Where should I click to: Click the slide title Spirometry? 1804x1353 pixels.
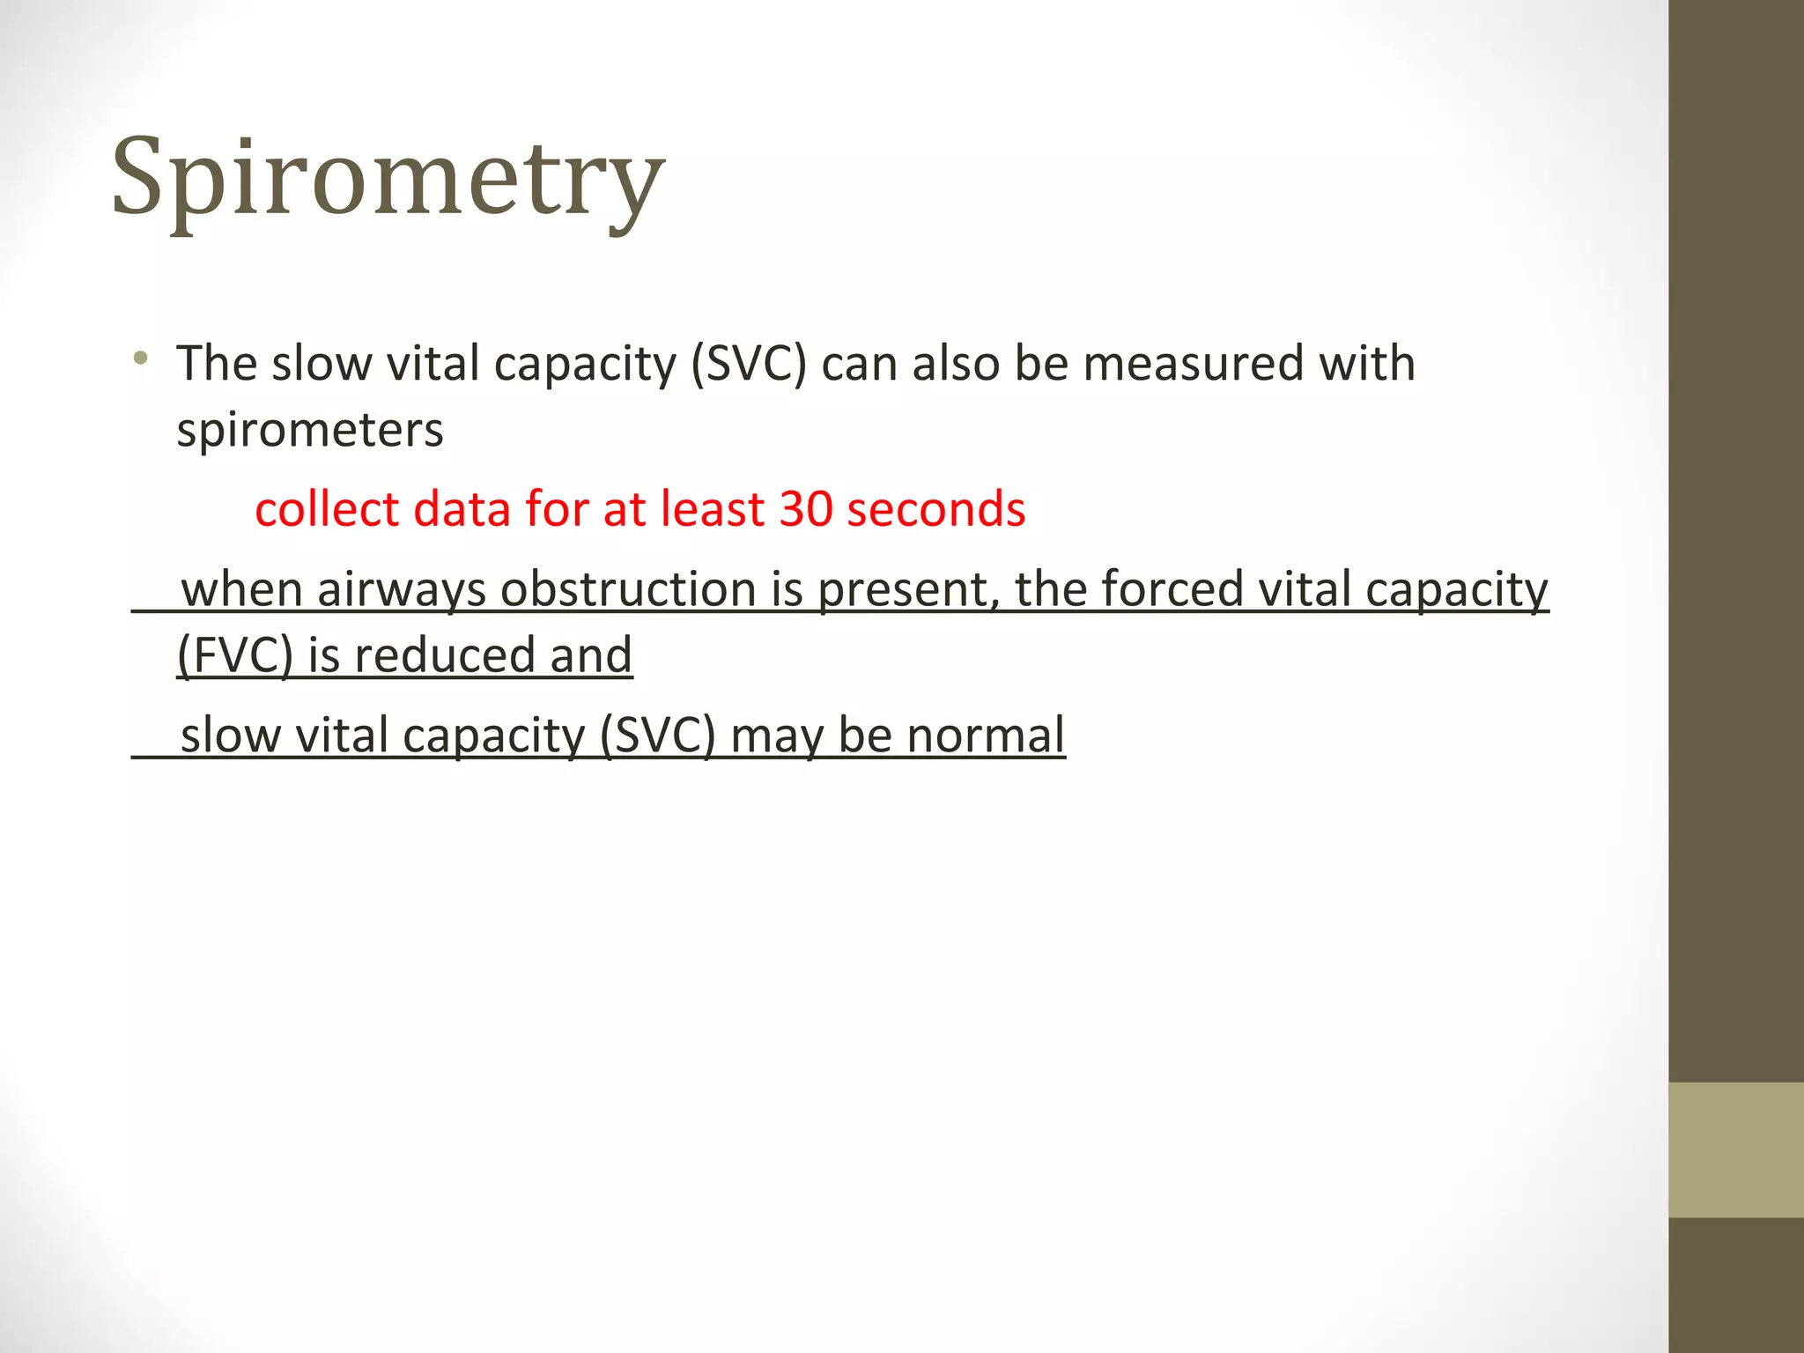coord(388,179)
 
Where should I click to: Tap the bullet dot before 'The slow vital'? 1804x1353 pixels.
coord(140,359)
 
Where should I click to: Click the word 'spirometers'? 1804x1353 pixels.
coord(310,431)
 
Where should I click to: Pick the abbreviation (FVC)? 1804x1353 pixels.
coord(234,655)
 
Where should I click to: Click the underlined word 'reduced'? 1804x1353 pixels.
coord(445,655)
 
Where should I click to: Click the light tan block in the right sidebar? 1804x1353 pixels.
coord(1735,1150)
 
